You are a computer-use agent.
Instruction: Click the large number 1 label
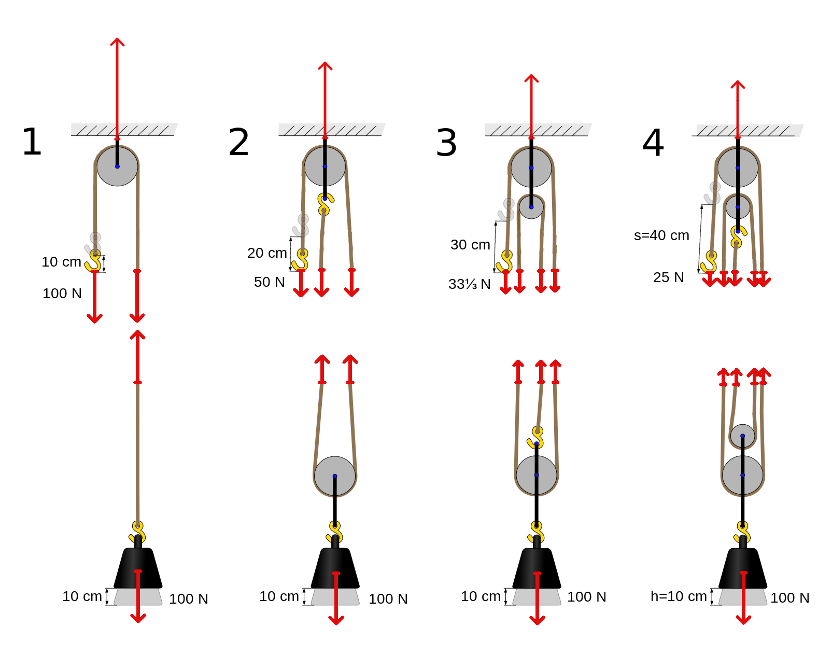(32, 142)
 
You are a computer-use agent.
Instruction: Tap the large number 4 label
(653, 143)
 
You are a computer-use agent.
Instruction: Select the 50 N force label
(270, 282)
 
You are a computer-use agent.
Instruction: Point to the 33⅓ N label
(470, 284)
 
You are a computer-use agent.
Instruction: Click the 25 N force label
(669, 277)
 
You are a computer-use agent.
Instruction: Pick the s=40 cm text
(661, 235)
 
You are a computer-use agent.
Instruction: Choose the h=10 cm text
(679, 596)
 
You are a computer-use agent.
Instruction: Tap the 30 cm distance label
(470, 245)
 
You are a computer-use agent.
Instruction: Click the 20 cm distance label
(267, 253)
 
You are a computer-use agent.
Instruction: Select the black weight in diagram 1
(138, 563)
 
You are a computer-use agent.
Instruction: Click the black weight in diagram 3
(537, 563)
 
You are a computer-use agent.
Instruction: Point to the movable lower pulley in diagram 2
(335, 476)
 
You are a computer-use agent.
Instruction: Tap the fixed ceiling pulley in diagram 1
(118, 166)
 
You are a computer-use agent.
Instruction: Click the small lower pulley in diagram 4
(742, 436)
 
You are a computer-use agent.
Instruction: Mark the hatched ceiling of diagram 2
(332, 130)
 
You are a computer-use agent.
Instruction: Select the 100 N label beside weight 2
(388, 599)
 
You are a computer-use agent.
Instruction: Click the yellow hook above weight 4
(743, 532)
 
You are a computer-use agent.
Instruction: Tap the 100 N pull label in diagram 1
(62, 293)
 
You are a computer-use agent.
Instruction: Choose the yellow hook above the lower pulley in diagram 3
(535, 437)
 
